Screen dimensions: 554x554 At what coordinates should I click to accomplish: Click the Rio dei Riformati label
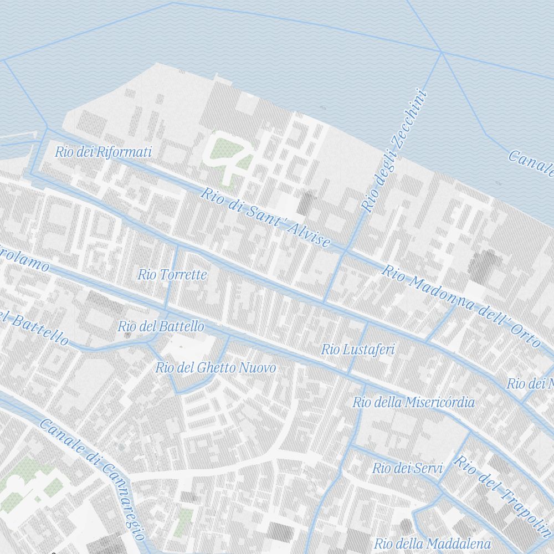(103, 152)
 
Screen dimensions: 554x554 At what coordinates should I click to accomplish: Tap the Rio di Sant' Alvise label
(265, 218)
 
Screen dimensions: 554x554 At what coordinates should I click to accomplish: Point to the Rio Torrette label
(172, 274)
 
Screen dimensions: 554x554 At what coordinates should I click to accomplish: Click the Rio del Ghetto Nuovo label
(216, 368)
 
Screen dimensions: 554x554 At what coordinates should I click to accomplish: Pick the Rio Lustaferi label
(358, 349)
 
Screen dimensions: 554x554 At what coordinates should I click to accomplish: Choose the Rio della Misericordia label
(413, 402)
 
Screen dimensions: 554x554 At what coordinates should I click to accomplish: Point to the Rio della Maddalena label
(433, 543)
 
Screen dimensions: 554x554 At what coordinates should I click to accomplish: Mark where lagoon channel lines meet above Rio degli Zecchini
(441, 53)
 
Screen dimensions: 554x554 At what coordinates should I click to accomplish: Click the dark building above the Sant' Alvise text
(306, 203)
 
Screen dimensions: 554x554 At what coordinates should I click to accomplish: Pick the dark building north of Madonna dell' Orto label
(483, 265)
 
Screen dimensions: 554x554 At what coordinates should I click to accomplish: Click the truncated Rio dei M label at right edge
(530, 383)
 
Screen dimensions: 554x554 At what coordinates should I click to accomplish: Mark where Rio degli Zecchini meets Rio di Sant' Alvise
(345, 252)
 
